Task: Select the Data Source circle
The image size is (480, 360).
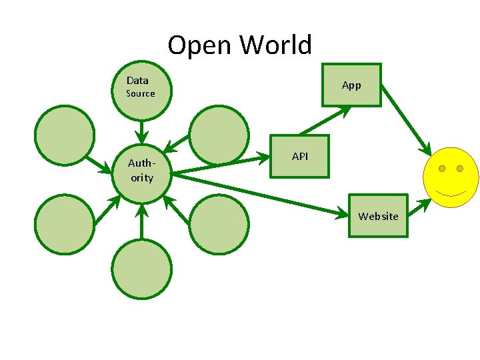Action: [x=141, y=91]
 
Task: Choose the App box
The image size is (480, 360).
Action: [x=351, y=85]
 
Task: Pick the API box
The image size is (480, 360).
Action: [x=299, y=157]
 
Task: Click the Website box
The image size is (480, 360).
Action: [x=377, y=216]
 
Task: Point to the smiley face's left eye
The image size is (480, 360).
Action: [x=441, y=169]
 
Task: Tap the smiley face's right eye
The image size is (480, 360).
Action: [x=460, y=169]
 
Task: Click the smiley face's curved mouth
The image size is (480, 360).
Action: [x=451, y=194]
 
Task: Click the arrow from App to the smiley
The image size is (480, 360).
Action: [x=407, y=120]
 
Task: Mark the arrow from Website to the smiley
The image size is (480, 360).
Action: [x=418, y=207]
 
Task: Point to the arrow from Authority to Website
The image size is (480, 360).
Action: [x=260, y=193]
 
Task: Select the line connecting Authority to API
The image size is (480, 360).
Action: [x=220, y=165]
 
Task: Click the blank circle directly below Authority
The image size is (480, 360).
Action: [x=141, y=269]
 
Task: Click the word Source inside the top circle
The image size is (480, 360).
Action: [x=141, y=94]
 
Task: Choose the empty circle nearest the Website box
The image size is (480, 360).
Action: [x=219, y=224]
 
